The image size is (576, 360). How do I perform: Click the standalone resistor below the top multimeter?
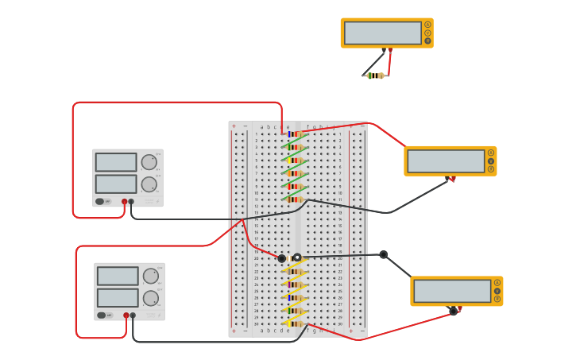375,75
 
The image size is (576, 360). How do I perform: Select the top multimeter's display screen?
382,33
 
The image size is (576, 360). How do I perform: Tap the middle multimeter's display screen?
446,161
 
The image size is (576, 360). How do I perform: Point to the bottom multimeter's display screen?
452,291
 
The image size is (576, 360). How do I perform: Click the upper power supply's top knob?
149,162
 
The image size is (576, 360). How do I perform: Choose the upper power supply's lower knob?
149,184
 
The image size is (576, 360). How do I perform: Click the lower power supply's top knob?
150,276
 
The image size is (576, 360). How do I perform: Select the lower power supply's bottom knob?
150,298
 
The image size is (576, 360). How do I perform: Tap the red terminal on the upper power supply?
125,202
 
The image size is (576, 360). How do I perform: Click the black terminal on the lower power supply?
133,315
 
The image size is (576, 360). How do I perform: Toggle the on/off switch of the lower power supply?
102,315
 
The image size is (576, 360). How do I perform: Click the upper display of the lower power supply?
117,276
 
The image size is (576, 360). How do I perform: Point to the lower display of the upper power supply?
116,184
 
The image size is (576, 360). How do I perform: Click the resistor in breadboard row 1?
294,134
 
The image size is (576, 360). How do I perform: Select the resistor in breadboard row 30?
295,323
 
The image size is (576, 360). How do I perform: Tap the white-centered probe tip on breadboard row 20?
297,257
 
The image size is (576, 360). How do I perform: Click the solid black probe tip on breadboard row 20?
281,258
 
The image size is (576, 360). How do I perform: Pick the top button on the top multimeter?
427,25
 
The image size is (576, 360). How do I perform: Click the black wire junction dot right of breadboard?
383,254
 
